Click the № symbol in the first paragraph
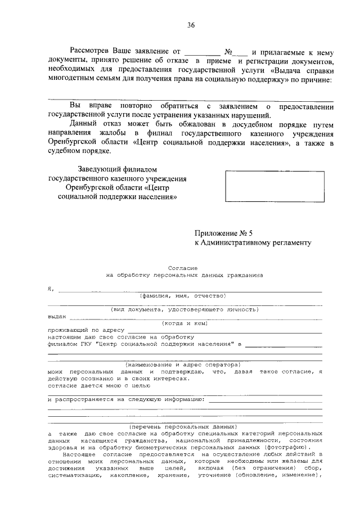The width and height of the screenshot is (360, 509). [x=228, y=51]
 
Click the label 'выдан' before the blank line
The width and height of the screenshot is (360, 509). [x=57, y=316]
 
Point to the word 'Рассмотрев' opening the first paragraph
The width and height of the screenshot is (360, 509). [x=91, y=51]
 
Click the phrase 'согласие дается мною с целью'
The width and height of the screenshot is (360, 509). [x=90, y=386]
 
